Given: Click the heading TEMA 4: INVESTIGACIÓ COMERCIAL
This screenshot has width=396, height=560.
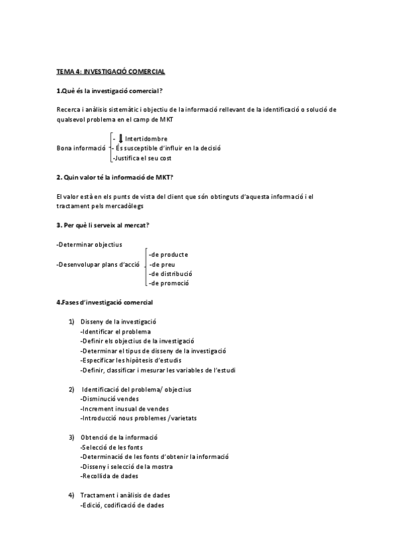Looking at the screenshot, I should (x=110, y=71).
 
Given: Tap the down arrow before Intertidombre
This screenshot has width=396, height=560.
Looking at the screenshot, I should (x=120, y=138).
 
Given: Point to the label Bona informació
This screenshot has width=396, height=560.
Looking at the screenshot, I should (x=81, y=149).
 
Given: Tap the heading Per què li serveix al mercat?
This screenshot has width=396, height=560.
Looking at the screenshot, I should (x=102, y=225).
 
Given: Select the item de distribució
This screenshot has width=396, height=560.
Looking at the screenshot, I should (x=171, y=273).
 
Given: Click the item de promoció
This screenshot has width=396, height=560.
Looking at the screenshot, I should (x=169, y=283).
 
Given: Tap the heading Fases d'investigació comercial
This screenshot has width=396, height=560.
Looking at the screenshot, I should (x=105, y=302).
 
